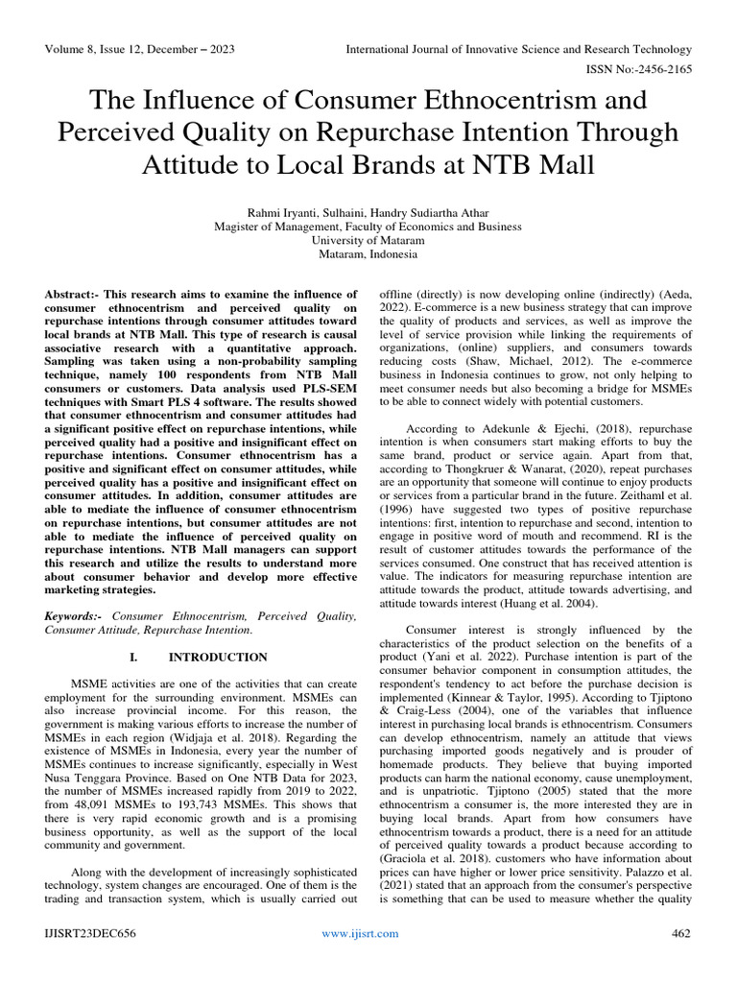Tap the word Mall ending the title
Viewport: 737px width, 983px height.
coord(559,165)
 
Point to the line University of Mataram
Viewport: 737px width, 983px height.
coord(368,241)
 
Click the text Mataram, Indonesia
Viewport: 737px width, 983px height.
coord(368,255)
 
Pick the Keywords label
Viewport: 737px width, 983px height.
coord(75,615)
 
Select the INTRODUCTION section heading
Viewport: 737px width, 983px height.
coord(218,658)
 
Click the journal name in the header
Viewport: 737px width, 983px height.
coord(518,49)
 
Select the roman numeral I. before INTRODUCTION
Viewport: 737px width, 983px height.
coord(132,658)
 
